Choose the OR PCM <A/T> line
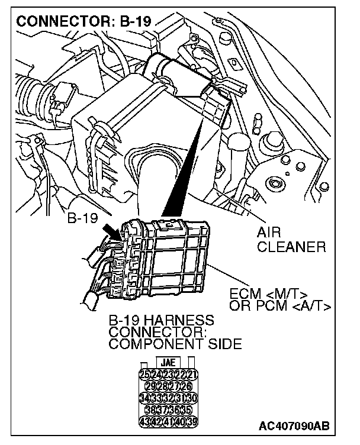click(x=279, y=305)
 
